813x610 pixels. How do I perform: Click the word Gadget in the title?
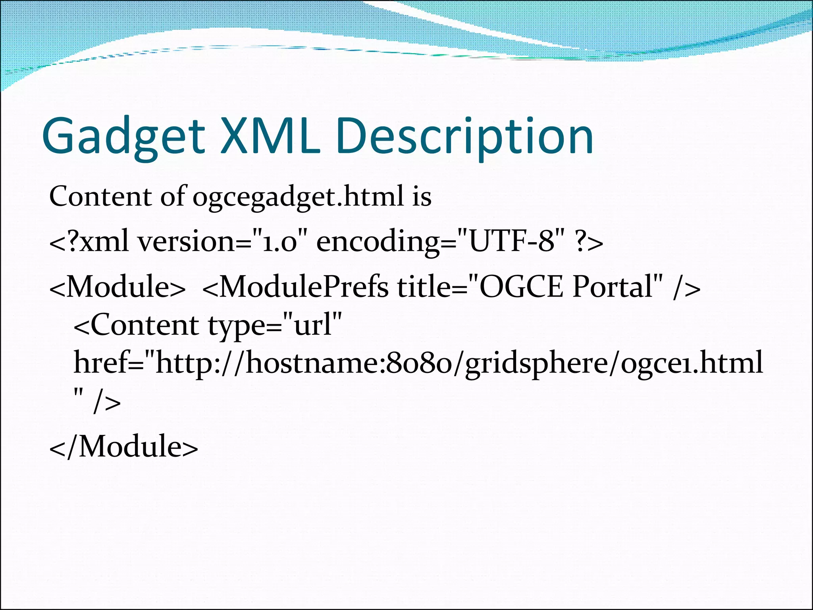coord(123,136)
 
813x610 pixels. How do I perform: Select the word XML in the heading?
coord(270,136)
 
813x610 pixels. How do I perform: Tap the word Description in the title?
coord(464,136)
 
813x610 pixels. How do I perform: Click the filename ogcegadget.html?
coord(298,197)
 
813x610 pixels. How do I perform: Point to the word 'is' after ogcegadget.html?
coord(421,197)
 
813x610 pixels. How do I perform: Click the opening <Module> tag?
coord(118,287)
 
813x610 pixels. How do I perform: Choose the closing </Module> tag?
coord(123,447)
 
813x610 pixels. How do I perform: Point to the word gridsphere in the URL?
coord(536,363)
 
